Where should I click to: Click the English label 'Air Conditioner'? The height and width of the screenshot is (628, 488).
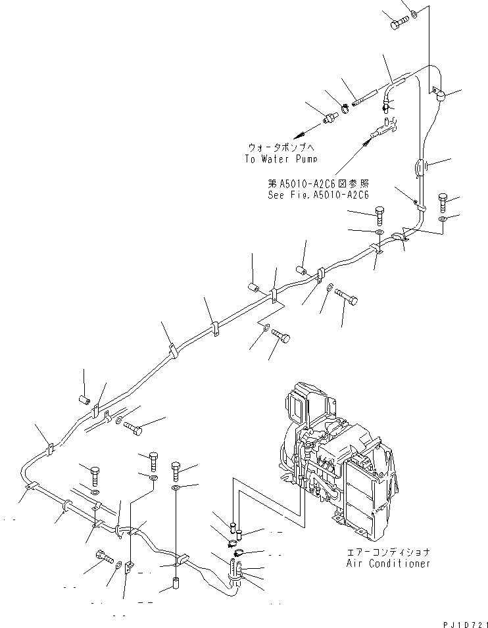pyautogui.click(x=389, y=563)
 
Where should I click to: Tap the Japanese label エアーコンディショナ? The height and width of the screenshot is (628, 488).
pyautogui.click(x=389, y=552)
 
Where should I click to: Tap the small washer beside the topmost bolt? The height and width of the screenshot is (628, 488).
pyautogui.click(x=413, y=13)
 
